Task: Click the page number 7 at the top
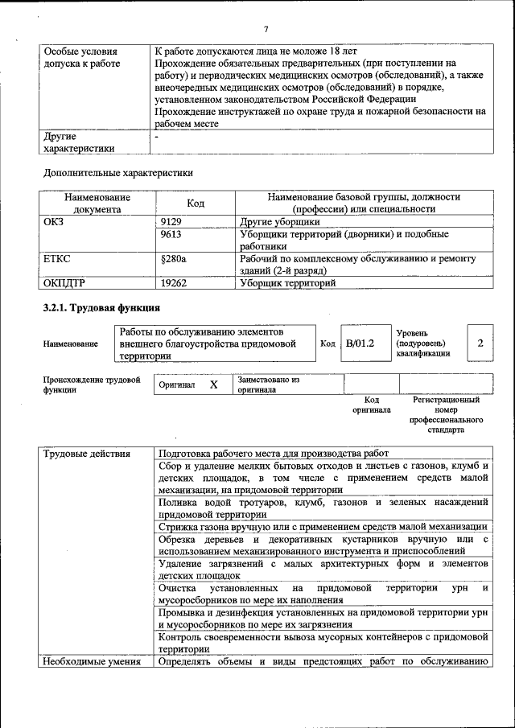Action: coord(265,30)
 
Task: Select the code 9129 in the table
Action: coord(171,221)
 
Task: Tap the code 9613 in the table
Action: coord(171,234)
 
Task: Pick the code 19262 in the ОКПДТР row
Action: coord(174,283)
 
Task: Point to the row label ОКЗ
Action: coord(54,221)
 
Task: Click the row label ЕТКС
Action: coord(57,259)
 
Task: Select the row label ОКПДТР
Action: coord(64,283)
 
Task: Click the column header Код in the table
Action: coord(196,203)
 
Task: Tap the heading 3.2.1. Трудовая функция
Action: coord(101,307)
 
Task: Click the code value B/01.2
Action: coord(360,343)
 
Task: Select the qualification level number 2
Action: coord(480,343)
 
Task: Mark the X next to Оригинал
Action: coord(214,385)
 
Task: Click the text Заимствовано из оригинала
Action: coord(267,385)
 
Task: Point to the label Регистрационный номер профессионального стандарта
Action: coord(446,414)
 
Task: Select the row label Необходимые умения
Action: coord(92,662)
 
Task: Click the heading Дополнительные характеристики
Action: coord(117,172)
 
